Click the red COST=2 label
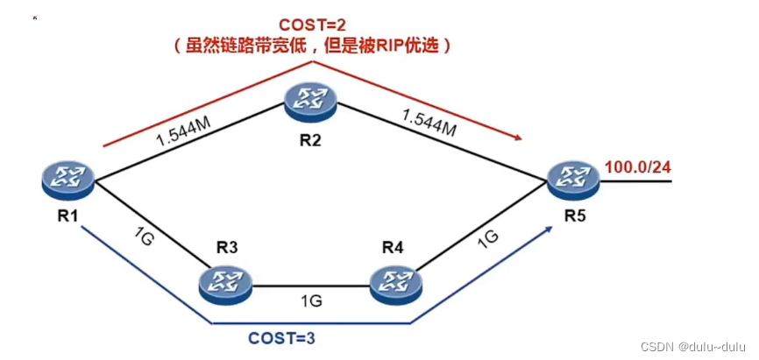314,24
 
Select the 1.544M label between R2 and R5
429,123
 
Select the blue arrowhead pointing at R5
550,227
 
